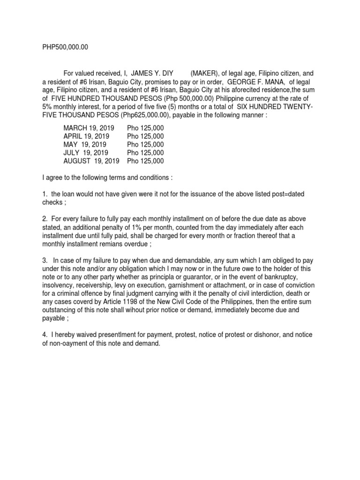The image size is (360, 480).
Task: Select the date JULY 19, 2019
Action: point(86,153)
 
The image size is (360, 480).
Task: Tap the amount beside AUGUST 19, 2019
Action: point(145,161)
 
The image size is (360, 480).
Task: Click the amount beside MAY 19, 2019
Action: point(145,144)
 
